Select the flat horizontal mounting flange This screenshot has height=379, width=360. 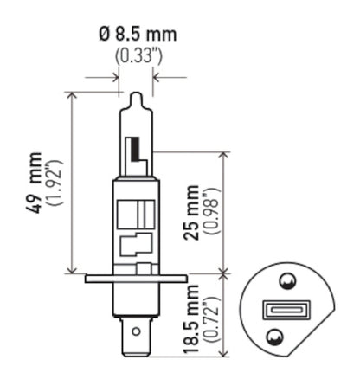coord(136,279)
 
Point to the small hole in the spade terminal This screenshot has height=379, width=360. coord(136,329)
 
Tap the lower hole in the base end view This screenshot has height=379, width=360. coord(274,336)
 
